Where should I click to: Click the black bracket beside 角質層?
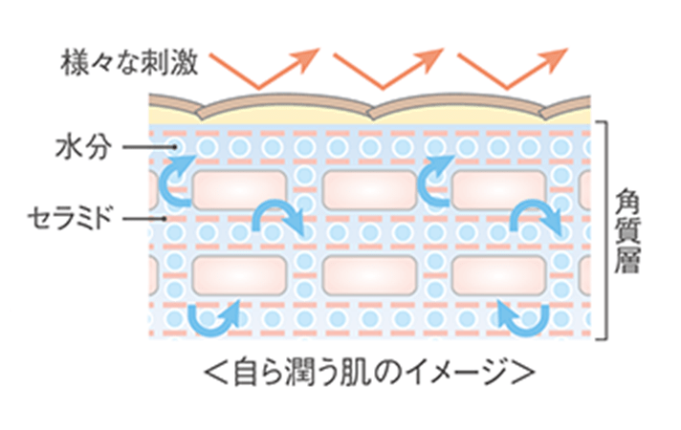click(603, 229)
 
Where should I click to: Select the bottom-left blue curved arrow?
click(213, 316)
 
